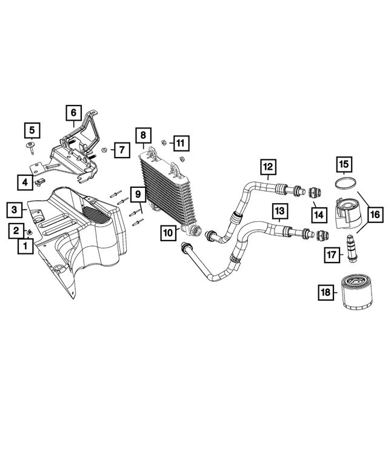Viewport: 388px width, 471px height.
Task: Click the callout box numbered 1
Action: (x=25, y=246)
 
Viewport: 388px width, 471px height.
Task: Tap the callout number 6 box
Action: (x=73, y=112)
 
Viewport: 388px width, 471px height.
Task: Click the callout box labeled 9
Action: (x=138, y=195)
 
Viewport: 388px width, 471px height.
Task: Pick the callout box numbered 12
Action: (x=268, y=165)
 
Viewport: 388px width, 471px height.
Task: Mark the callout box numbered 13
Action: (x=279, y=210)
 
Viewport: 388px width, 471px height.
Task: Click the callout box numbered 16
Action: (x=373, y=214)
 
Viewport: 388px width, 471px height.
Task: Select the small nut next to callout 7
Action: (x=104, y=149)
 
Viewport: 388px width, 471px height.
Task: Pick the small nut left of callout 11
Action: (x=164, y=142)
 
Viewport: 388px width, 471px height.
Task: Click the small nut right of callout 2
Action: (x=30, y=232)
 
